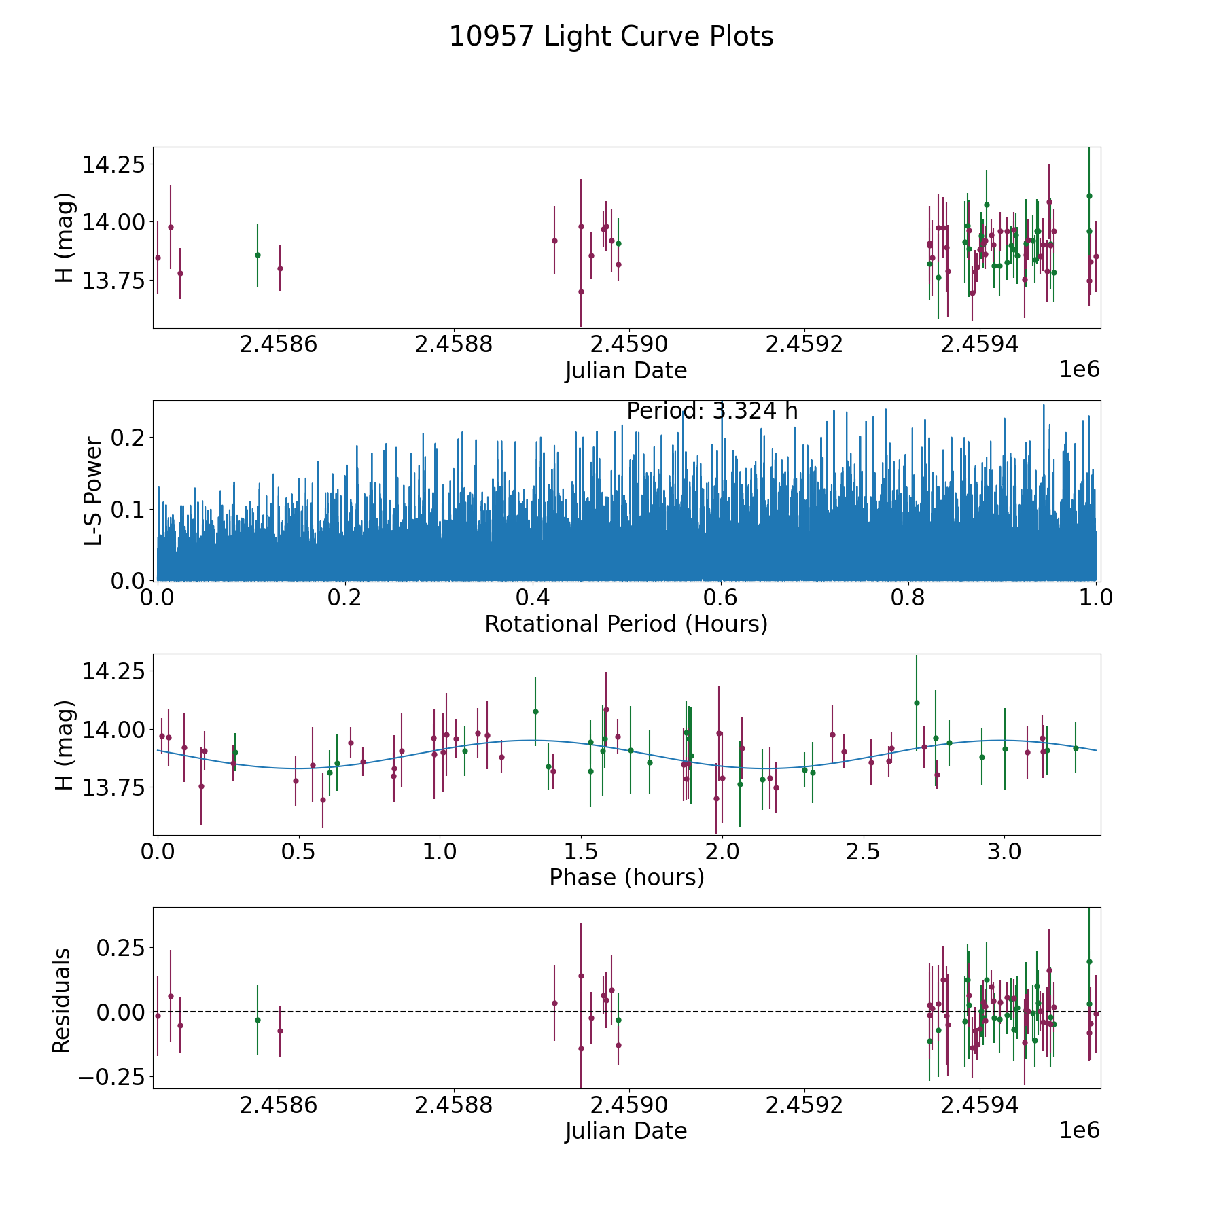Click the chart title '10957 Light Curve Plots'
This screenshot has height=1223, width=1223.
click(x=611, y=37)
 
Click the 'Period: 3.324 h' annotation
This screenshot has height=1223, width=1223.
click(x=712, y=411)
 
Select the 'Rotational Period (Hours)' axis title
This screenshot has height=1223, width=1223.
click(x=626, y=624)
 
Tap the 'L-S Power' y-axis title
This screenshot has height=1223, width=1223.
click(x=93, y=491)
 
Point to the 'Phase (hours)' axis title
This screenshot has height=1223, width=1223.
click(x=626, y=877)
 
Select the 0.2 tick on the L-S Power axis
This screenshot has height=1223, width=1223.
click(x=129, y=437)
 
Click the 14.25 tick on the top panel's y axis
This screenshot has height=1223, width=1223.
click(x=113, y=164)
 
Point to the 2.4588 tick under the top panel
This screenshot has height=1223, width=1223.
click(x=454, y=344)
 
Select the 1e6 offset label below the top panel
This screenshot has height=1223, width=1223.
click(x=1079, y=370)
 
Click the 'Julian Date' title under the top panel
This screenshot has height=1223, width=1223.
click(x=626, y=371)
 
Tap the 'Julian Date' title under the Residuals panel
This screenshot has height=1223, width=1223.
click(x=626, y=1131)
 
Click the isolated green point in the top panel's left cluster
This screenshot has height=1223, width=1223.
click(x=258, y=255)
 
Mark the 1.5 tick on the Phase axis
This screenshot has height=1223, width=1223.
click(x=581, y=851)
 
